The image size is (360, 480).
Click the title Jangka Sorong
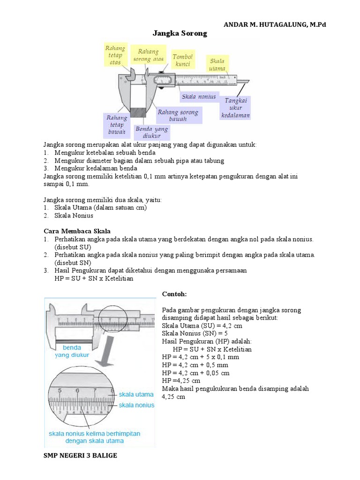point(180,34)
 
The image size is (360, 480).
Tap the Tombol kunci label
point(182,60)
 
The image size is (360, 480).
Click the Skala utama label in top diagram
point(217,65)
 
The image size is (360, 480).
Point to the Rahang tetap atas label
point(114,55)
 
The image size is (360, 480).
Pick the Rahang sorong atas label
point(148,55)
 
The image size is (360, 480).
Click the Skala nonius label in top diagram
point(199,97)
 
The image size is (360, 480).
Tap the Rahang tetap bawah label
point(116,125)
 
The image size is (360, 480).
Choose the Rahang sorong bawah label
point(178,115)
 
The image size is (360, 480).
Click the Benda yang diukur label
point(151,132)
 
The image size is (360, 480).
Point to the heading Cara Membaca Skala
point(77,231)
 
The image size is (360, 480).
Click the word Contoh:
point(174,294)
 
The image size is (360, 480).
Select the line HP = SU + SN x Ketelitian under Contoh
point(212,349)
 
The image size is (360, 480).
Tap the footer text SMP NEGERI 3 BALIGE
point(80,455)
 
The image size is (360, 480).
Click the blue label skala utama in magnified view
point(136,395)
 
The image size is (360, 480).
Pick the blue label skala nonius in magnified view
point(136,405)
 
